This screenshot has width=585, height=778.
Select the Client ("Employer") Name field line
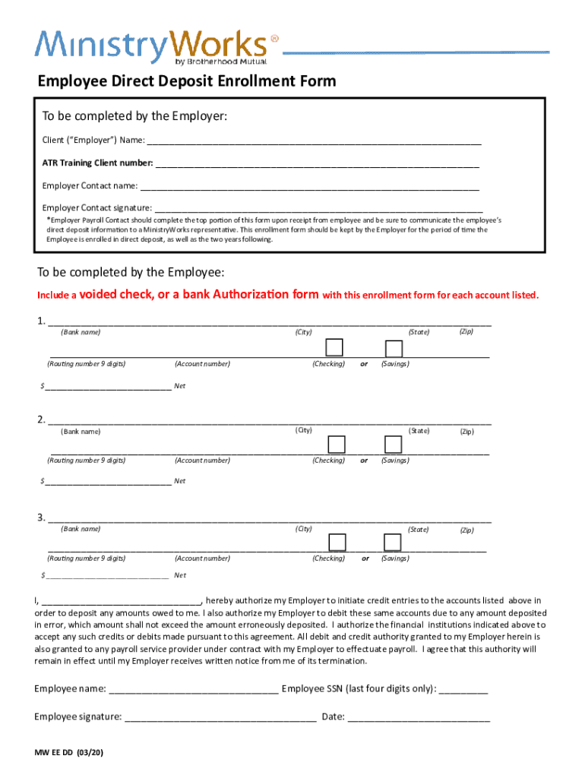[x=314, y=141]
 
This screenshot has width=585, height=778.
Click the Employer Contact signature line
[x=318, y=207]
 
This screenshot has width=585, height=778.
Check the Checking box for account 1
[x=334, y=347]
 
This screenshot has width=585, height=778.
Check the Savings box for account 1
[x=394, y=348]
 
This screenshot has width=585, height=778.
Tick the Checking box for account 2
[x=336, y=444]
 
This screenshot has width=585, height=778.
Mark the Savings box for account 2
[x=394, y=444]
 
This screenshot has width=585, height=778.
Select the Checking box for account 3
[x=337, y=542]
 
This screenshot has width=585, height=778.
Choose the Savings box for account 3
[x=393, y=542]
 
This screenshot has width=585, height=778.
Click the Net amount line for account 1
[x=108, y=385]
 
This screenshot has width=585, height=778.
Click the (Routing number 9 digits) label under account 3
[x=86, y=558]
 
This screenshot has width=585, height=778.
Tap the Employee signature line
[x=220, y=716]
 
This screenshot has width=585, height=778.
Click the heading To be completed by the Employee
[x=131, y=272]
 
